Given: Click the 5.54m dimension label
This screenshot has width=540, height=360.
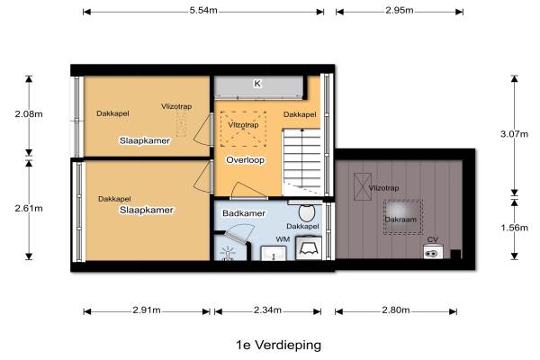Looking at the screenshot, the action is pos(203,10).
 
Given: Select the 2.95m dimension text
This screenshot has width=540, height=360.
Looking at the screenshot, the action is pos(399,10).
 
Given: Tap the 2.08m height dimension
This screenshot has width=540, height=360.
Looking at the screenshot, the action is pos(29,113).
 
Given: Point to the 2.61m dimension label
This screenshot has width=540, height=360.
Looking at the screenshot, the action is pos(29,209).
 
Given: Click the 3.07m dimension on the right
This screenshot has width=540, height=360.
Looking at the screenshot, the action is pos(514,134).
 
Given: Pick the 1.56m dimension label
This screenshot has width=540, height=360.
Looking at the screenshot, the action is pos(514,228).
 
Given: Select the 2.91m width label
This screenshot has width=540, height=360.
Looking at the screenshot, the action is pos(147,310).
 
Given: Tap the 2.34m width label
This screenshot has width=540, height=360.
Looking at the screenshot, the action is pos(267,310).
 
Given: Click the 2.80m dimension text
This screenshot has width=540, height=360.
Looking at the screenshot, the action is pos(396,310).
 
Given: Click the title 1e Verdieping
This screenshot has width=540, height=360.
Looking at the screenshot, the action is pos(279,345).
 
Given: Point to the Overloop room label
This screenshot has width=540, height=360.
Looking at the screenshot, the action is pos(245,160).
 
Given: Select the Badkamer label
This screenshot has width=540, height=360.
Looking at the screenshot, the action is pos(244,213).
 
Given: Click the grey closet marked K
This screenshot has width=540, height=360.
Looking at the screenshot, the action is pos(259,87).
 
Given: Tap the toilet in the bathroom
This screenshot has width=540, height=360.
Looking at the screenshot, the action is pos(307,211).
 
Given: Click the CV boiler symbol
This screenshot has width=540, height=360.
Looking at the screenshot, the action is pos(433,252).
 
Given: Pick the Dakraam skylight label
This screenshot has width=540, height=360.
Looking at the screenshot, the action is pos(400,220).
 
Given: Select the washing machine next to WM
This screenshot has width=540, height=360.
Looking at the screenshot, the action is pos(309,247).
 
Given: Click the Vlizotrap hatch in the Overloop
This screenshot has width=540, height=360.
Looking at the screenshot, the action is pos(243,129).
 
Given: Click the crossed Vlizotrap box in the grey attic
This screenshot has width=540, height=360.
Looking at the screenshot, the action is pos(363,186).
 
